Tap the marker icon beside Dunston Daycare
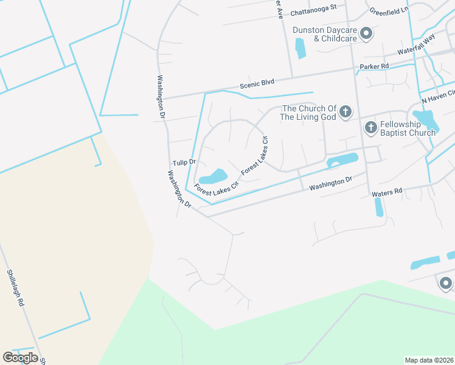(x=366, y=34)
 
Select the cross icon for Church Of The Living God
(x=346, y=111)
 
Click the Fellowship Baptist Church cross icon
(x=370, y=128)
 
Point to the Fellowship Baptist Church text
(x=408, y=128)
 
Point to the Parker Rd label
(x=374, y=66)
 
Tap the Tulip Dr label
(x=184, y=162)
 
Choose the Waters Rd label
(x=387, y=192)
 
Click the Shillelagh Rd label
(x=16, y=287)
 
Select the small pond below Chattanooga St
(x=300, y=48)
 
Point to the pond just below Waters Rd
(x=379, y=207)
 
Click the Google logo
(x=20, y=358)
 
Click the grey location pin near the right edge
(x=446, y=283)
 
